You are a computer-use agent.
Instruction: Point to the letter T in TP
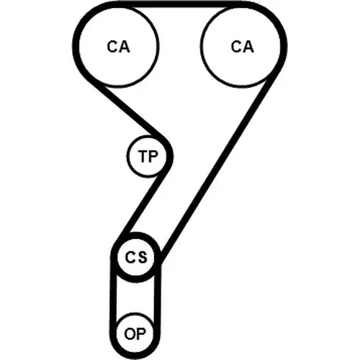tap(143, 156)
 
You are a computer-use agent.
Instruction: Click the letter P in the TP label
tap(153, 156)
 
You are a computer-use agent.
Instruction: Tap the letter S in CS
tap(142, 257)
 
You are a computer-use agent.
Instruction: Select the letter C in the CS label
tap(130, 257)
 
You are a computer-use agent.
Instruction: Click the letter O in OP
tap(130, 333)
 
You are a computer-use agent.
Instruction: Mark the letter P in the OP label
tap(141, 333)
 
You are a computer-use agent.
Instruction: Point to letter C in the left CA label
tap(112, 46)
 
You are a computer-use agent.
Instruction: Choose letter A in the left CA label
tap(125, 46)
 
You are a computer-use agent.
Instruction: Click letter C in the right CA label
tap(236, 46)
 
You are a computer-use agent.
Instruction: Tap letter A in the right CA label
tap(248, 46)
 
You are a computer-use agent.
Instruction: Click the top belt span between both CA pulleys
tap(180, 4)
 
